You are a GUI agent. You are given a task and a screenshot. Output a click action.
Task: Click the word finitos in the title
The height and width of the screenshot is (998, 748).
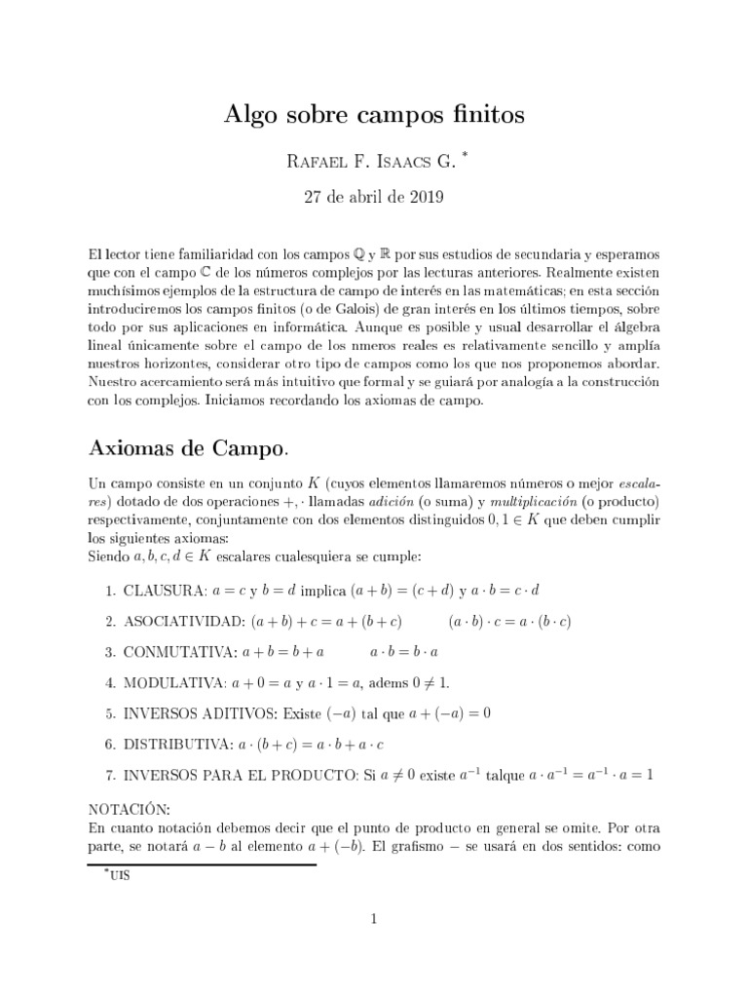click(x=481, y=116)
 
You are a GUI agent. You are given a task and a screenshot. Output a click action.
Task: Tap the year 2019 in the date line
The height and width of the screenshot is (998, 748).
click(x=425, y=198)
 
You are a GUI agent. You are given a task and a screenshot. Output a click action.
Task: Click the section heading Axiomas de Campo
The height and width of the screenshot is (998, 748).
click(x=187, y=449)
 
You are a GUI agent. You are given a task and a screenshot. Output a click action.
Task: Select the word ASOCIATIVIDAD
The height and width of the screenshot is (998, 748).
click(x=184, y=621)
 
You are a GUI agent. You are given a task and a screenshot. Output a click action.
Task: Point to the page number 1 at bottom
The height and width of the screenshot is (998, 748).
click(x=373, y=918)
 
